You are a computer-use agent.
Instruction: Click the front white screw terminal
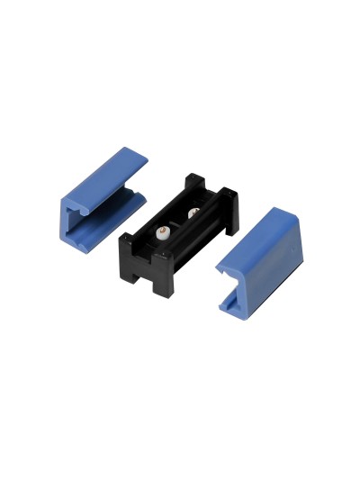coord(163,232)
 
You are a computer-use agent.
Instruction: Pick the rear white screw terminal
coord(192,214)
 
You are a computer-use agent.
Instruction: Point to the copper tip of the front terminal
coord(163,229)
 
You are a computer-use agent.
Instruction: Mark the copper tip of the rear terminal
coord(192,211)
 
